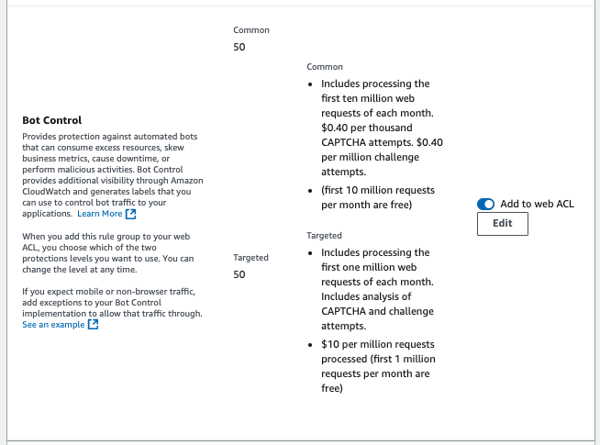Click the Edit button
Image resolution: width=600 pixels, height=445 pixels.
click(x=503, y=224)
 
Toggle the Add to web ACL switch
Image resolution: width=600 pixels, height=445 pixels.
click(x=486, y=204)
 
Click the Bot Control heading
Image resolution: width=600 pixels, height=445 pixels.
click(x=51, y=120)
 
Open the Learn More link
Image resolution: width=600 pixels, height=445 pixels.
click(x=99, y=214)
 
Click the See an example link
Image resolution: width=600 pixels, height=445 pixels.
click(x=54, y=325)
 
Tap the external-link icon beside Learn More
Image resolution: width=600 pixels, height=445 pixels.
click(x=130, y=214)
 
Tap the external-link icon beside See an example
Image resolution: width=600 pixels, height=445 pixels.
click(x=93, y=325)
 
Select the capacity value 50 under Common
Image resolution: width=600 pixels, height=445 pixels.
click(x=239, y=47)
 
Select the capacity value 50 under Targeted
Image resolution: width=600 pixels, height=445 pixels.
click(x=239, y=274)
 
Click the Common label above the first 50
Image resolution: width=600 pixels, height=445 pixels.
click(x=251, y=30)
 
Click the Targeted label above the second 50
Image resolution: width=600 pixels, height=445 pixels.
click(x=251, y=258)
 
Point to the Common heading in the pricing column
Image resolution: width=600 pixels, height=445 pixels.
click(x=325, y=67)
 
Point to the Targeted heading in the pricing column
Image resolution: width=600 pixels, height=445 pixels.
click(x=324, y=236)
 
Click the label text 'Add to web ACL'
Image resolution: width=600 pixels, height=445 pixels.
click(x=537, y=204)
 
